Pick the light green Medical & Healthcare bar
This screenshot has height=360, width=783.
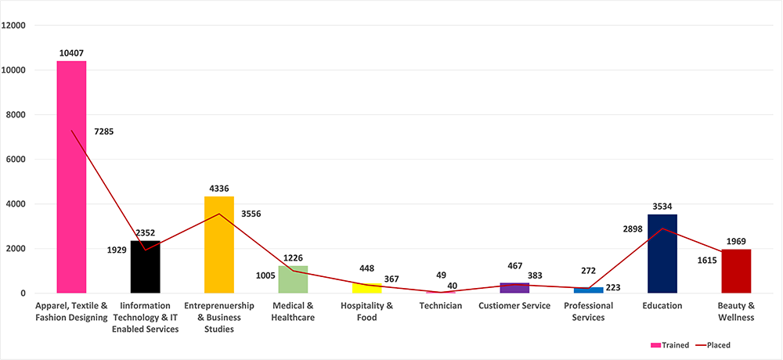click(293, 279)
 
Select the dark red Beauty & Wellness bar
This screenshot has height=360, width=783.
click(736, 271)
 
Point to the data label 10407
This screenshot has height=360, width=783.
click(71, 53)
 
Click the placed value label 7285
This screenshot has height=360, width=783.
click(103, 131)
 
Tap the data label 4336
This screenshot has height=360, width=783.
click(218, 189)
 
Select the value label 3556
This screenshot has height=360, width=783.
click(252, 213)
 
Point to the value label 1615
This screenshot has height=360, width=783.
click(706, 260)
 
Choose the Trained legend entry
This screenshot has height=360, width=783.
click(669, 344)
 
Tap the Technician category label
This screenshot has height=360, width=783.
click(440, 306)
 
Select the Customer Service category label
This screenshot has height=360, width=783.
click(514, 306)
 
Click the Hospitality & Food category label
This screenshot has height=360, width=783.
click(366, 311)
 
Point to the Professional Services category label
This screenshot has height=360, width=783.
click(588, 311)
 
